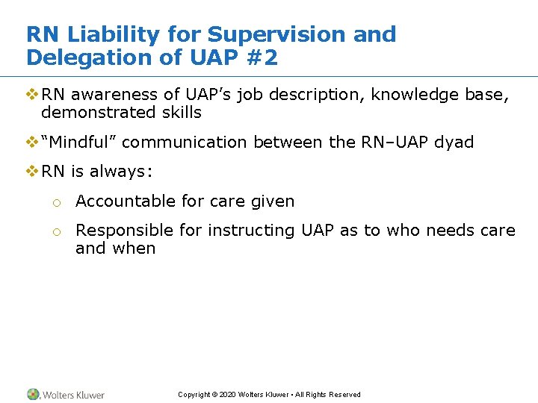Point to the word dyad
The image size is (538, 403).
(x=454, y=143)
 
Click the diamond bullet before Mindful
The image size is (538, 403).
(x=31, y=142)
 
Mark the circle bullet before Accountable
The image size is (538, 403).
(x=56, y=202)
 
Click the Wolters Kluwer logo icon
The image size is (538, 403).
(x=33, y=394)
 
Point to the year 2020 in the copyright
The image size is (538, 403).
(x=228, y=395)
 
